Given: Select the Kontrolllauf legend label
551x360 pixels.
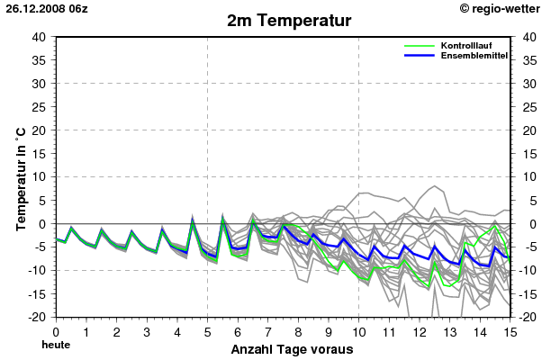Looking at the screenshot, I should point(466,45).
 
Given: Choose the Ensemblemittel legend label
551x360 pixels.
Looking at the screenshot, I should point(474,56).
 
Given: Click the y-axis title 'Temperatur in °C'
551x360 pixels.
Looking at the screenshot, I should point(20,176).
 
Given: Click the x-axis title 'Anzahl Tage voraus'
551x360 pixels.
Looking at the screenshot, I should point(286,349).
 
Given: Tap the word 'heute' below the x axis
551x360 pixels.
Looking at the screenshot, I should point(56,345).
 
